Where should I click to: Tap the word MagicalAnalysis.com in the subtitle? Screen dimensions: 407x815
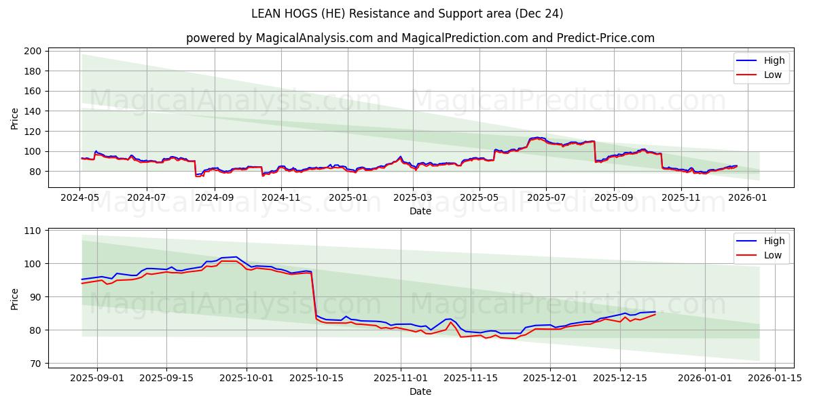[314, 38]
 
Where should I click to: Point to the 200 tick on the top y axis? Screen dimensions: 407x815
[33, 51]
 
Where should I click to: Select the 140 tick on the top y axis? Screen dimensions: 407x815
[33, 111]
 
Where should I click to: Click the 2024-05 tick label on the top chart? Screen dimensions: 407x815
[80, 198]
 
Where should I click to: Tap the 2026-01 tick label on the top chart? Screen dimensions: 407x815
[747, 198]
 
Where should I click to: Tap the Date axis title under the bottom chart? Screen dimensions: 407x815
[420, 391]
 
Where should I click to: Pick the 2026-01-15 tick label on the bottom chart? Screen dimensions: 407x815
[774, 379]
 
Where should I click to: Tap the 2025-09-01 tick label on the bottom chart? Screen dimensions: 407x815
[97, 379]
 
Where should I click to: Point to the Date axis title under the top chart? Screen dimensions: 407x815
[420, 211]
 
